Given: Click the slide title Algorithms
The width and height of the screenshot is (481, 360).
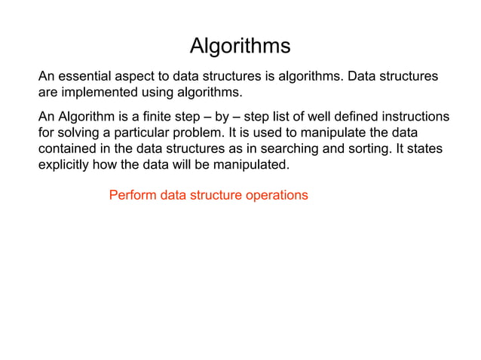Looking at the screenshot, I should click(240, 46).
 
